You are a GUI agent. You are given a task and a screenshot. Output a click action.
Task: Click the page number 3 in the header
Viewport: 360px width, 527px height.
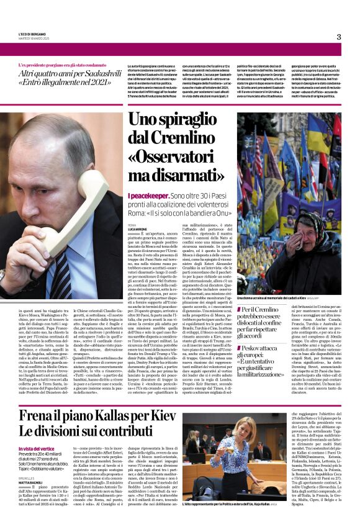[339, 37]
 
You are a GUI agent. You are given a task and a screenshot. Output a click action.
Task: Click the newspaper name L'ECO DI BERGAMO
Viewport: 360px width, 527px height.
[30, 34]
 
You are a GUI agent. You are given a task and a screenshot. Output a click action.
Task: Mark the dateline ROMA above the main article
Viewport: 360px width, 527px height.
[131, 225]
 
